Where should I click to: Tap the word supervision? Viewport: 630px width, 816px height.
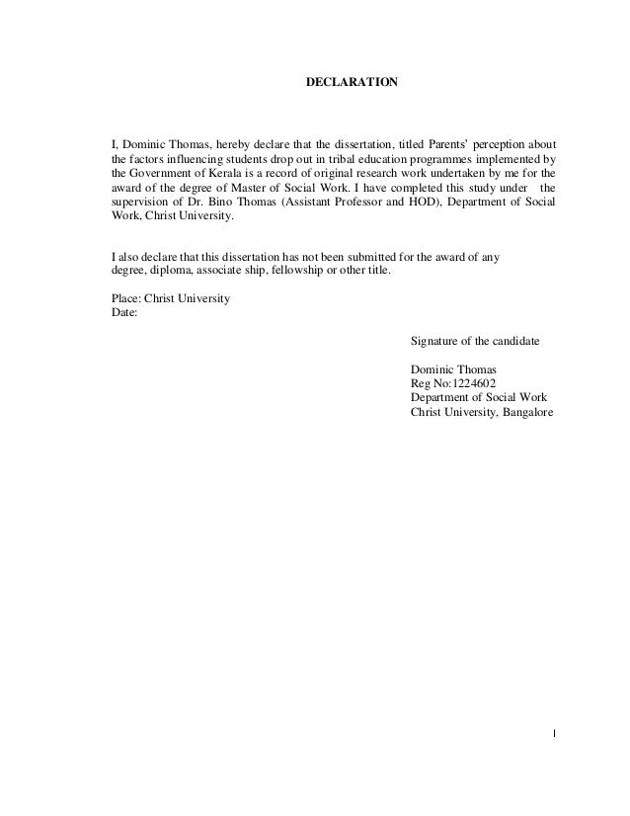pos(142,201)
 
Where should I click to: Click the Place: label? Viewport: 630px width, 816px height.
pos(126,298)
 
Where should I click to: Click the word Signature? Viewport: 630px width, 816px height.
pos(434,341)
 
